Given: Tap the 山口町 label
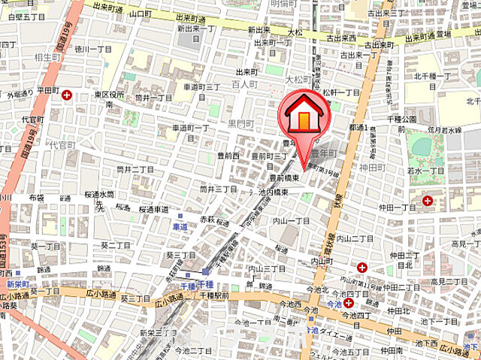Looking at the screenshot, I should point(141,13).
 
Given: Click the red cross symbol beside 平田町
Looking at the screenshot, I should point(68,95).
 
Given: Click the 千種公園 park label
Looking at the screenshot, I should point(402,119).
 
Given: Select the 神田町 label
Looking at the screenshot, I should point(374,168).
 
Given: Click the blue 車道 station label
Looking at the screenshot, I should point(180,226).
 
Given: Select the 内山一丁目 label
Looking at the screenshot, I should point(292,221).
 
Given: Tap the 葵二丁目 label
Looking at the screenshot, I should point(116,246).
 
